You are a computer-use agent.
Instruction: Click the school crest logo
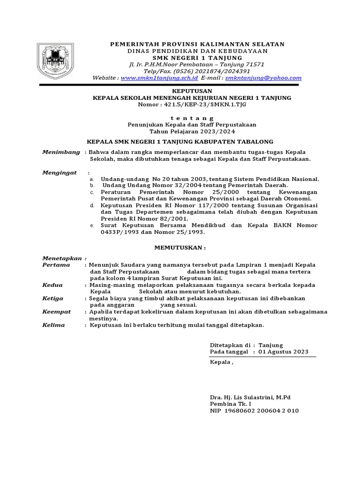pyautogui.click(x=55, y=60)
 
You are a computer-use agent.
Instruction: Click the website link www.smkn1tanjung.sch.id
pyautogui.click(x=159, y=78)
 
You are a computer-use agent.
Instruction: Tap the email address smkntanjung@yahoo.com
pyautogui.click(x=263, y=78)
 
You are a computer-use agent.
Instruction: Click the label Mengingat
pyautogui.click(x=60, y=172)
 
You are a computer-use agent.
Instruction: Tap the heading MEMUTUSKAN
pyautogui.click(x=180, y=247)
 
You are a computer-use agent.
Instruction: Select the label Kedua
pyautogui.click(x=52, y=285)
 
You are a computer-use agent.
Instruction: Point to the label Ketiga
pyautogui.click(x=53, y=298)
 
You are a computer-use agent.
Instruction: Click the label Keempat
pyautogui.click(x=57, y=311)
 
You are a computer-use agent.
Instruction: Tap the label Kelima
pyautogui.click(x=53, y=325)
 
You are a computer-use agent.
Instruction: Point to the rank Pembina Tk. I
pyautogui.click(x=230, y=404)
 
